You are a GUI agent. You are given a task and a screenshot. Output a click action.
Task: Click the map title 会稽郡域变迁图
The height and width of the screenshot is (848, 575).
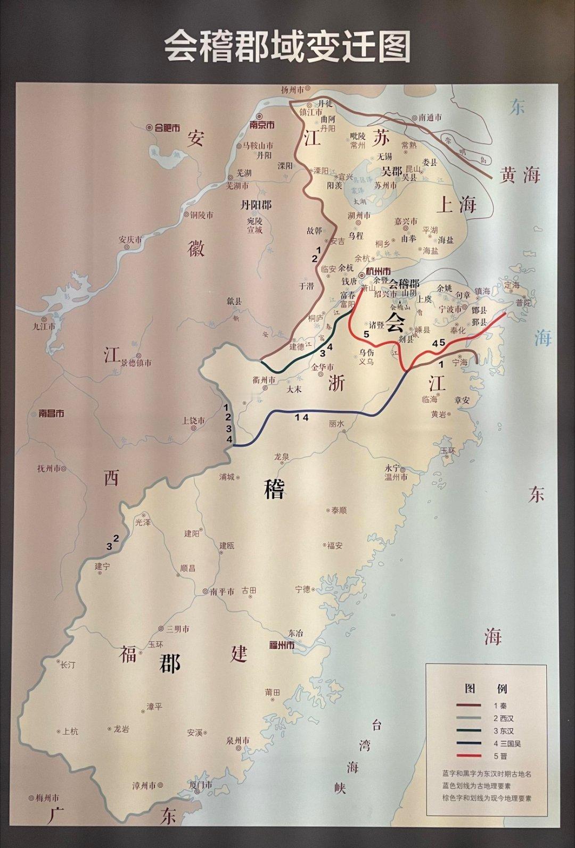pyautogui.click(x=287, y=47)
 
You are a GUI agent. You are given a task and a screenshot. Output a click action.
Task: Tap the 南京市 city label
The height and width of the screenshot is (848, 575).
pyautogui.click(x=262, y=125)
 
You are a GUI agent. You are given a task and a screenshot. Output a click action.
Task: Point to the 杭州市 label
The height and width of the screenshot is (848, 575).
pyautogui.click(x=375, y=271)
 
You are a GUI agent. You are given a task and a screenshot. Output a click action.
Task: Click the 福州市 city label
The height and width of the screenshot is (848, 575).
pyautogui.click(x=282, y=645)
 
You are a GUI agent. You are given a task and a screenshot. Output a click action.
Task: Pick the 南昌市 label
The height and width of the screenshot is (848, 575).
pyautogui.click(x=52, y=413)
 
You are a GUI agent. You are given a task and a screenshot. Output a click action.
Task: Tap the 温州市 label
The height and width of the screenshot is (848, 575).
pyautogui.click(x=397, y=477)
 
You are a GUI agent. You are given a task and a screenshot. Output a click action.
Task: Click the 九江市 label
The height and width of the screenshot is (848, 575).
pyautogui.click(x=44, y=327)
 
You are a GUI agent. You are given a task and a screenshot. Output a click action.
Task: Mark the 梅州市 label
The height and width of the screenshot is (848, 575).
pyautogui.click(x=47, y=797)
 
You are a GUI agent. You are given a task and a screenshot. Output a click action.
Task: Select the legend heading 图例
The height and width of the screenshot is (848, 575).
pyautogui.click(x=486, y=688)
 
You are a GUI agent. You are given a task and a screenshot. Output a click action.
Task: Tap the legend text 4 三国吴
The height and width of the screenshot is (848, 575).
pyautogui.click(x=507, y=743)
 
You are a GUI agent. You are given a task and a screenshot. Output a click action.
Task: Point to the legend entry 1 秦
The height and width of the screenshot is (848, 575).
pyautogui.click(x=500, y=705)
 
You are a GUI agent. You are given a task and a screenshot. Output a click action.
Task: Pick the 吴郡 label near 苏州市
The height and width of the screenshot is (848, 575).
pyautogui.click(x=391, y=171)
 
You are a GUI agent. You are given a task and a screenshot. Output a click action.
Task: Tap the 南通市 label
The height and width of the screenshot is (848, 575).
pyautogui.click(x=430, y=118)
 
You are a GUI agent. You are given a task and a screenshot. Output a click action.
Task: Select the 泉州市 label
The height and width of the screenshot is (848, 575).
pyautogui.click(x=237, y=741)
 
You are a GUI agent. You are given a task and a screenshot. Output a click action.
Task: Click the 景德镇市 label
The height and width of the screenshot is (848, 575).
pyautogui.click(x=136, y=363)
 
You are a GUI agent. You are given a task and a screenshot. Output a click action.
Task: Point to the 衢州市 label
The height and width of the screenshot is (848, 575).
pyautogui.click(x=264, y=380)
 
